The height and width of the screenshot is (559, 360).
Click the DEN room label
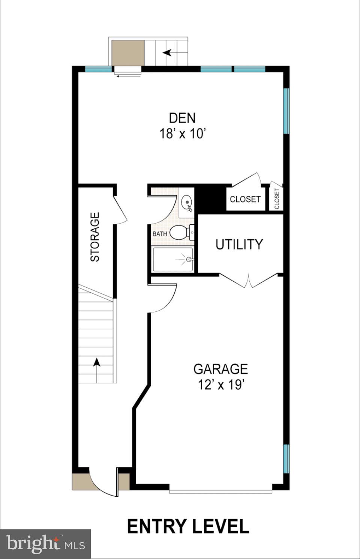pyautogui.click(x=182, y=118)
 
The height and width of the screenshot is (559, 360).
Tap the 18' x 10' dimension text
pyautogui.click(x=183, y=134)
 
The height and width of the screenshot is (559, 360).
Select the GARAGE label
pyautogui.click(x=220, y=369)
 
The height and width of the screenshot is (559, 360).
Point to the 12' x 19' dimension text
pyautogui.click(x=221, y=385)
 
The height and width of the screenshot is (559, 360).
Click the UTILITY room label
pyautogui.click(x=239, y=244)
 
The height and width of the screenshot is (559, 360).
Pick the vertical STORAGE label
pyautogui.click(x=95, y=237)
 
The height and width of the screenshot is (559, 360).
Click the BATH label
pyautogui.click(x=160, y=234)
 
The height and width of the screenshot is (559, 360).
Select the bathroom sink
pyautogui.click(x=187, y=203)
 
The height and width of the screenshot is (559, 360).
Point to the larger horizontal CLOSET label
pyautogui.click(x=245, y=199)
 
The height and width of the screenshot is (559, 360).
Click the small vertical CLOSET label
pyautogui.click(x=277, y=199)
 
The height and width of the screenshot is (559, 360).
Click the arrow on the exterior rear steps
pyautogui.click(x=167, y=53)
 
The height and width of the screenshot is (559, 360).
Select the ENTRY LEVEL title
pyautogui.click(x=188, y=527)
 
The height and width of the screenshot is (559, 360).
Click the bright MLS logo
pyautogui.click(x=45, y=544)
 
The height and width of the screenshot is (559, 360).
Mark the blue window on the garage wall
pyautogui.click(x=286, y=459)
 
